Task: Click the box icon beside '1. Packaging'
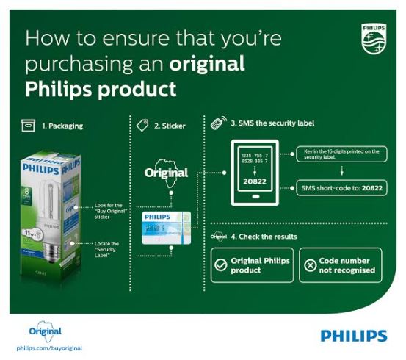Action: coord(28,125)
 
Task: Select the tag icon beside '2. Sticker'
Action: coord(144,125)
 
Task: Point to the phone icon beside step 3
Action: coord(218,123)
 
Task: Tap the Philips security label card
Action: coord(166,227)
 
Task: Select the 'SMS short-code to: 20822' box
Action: coord(342,187)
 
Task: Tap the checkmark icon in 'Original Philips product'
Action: coord(220,265)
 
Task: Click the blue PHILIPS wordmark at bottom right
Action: coord(353,336)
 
